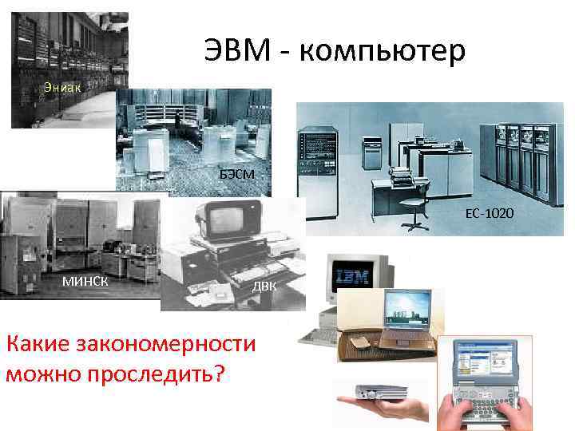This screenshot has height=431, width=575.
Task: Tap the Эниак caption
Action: point(61,86)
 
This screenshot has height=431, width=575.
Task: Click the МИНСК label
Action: point(85,280)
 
